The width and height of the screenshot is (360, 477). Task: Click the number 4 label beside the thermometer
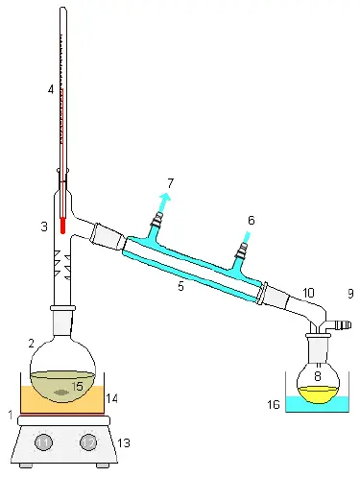50,90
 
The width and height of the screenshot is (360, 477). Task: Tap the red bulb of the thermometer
62,227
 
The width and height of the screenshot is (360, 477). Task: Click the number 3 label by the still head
43,227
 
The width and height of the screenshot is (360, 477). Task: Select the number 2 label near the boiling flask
32,343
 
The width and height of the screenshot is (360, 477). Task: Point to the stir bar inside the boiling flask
61,393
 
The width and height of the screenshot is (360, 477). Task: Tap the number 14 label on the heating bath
111,397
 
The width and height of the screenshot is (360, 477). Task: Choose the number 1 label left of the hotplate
11,415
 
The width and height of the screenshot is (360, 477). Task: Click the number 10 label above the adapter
308,292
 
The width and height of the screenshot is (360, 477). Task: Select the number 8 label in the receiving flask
318,376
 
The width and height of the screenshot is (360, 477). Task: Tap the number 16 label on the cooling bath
275,405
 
